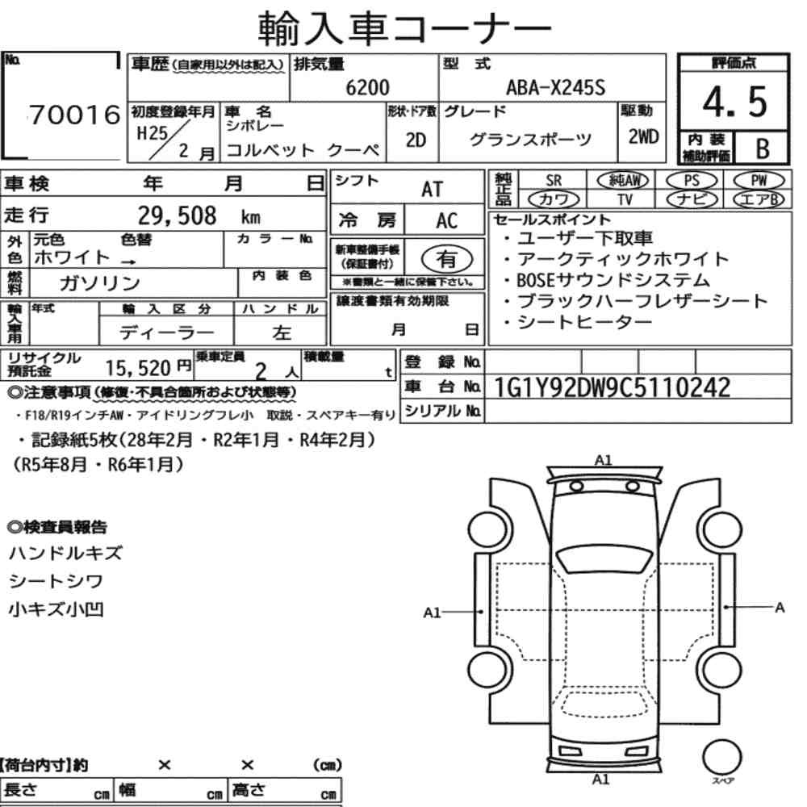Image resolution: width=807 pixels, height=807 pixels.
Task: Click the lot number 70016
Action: click(x=75, y=115)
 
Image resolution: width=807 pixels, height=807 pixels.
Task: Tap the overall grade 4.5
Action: click(x=735, y=102)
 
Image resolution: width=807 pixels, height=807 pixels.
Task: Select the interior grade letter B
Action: click(x=763, y=148)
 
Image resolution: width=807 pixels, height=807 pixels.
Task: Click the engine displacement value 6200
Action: click(x=367, y=87)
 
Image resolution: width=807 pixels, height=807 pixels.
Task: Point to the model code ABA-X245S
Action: click(x=556, y=87)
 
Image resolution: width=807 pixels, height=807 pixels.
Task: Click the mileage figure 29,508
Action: click(x=177, y=215)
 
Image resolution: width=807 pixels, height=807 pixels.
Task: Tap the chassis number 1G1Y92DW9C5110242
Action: click(x=612, y=387)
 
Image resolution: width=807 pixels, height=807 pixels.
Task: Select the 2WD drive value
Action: click(x=643, y=137)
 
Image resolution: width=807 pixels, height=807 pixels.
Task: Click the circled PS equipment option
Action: click(x=692, y=181)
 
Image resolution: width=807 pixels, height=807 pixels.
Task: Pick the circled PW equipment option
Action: click(x=759, y=181)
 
